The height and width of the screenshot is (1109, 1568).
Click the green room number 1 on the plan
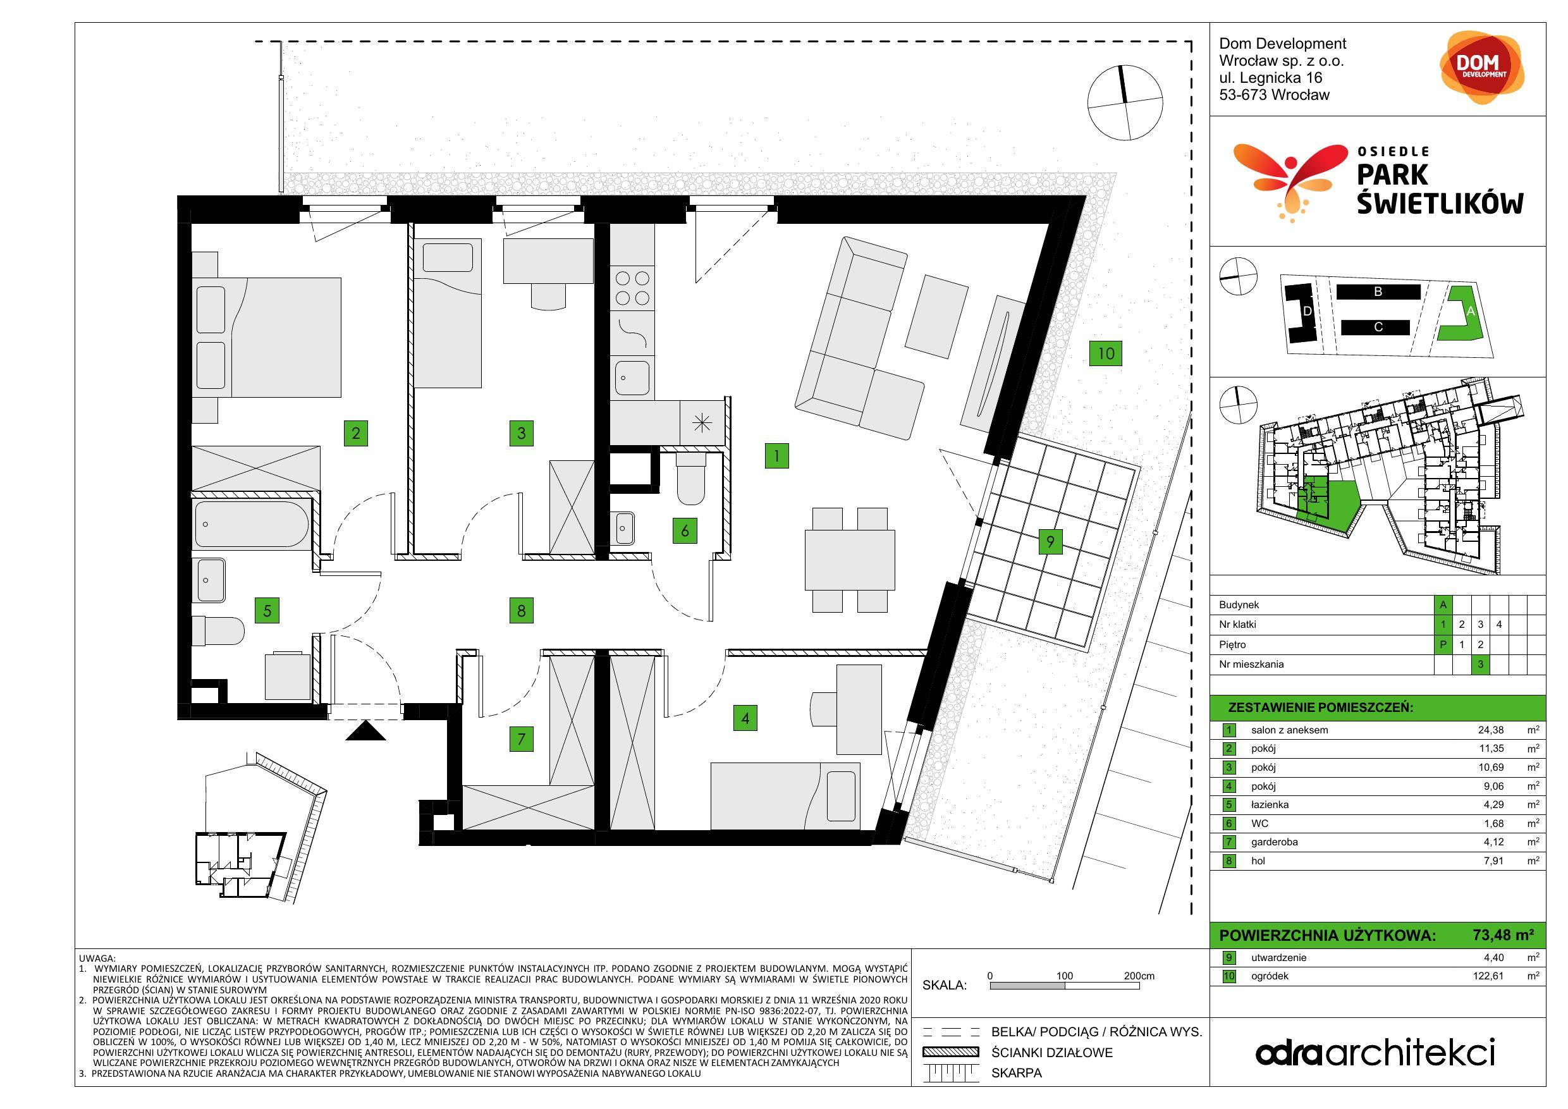pyautogui.click(x=776, y=455)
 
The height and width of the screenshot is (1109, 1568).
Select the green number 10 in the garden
pyautogui.click(x=1106, y=353)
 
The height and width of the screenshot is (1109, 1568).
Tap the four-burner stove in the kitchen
pyautogui.click(x=632, y=288)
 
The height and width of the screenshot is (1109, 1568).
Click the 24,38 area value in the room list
pyautogui.click(x=1491, y=730)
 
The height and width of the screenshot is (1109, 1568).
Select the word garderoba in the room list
pyautogui.click(x=1275, y=842)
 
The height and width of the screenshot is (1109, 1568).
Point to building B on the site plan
pyautogui.click(x=1378, y=292)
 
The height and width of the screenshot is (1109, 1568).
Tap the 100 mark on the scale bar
pyautogui.click(x=1064, y=976)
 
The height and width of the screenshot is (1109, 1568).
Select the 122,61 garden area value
pyautogui.click(x=1488, y=976)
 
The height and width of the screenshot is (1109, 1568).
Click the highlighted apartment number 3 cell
pyautogui.click(x=1480, y=665)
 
